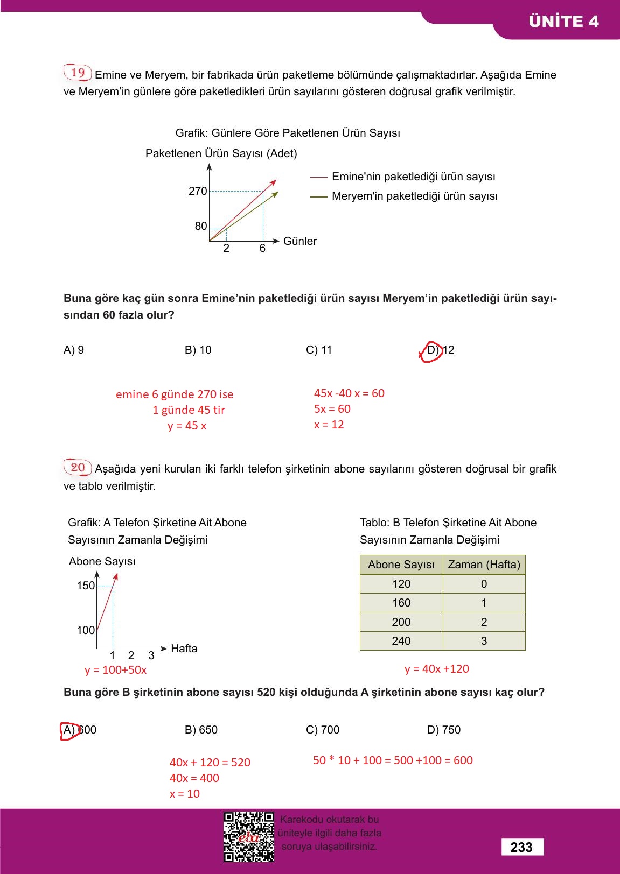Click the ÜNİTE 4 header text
tap(563, 22)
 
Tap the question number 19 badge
tap(78, 73)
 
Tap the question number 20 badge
tap(78, 467)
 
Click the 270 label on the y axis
tap(198, 191)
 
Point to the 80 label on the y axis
tap(201, 226)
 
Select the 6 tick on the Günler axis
tap(262, 248)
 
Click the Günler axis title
tap(299, 241)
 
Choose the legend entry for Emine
tap(413, 177)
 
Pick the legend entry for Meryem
tap(414, 196)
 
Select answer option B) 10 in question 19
tap(198, 350)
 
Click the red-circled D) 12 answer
tap(440, 350)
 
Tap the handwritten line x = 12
tap(329, 425)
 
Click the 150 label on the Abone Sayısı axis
tap(86, 586)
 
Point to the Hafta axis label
tap(184, 649)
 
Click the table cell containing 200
tap(401, 622)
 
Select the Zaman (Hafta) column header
tap(484, 565)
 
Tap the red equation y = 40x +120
tap(436, 669)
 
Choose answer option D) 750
tap(443, 730)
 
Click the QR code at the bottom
tap(249, 837)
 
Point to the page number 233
tap(521, 847)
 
